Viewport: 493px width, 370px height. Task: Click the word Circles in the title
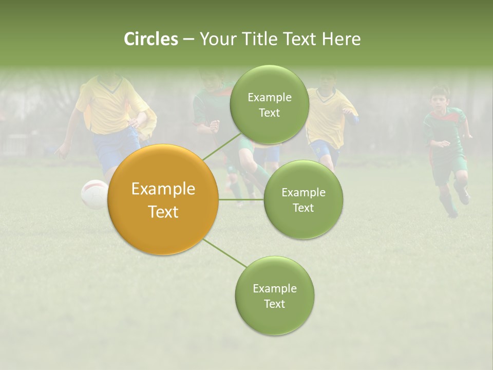(150, 39)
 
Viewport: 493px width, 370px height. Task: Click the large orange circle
(163, 200)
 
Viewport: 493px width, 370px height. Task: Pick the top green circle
(269, 105)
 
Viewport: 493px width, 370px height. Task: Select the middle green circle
(303, 200)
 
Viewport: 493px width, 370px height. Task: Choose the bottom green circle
(274, 296)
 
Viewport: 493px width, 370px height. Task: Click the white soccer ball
(93, 194)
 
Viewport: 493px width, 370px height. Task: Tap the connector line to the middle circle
(241, 199)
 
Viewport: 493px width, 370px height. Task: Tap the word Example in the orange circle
(163, 189)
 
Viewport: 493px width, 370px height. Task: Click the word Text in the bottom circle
(274, 304)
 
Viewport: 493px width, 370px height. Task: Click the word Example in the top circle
(269, 97)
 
